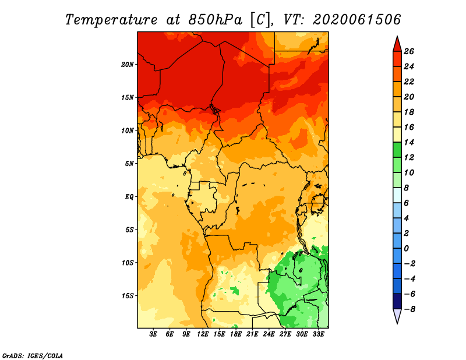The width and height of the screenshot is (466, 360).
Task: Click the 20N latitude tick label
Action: (128, 64)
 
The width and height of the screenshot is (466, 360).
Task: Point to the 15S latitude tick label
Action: (128, 295)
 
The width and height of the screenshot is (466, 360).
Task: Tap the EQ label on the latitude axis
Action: (129, 196)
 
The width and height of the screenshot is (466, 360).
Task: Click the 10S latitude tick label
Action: (128, 263)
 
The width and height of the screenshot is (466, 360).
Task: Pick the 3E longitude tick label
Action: (154, 334)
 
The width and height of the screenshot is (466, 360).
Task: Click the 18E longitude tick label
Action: (236, 334)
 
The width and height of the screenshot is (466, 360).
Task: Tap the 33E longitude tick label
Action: (318, 334)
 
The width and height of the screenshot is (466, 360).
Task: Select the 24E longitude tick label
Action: (269, 334)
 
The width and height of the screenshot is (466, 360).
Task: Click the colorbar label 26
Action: (409, 51)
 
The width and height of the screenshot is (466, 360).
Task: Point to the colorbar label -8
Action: (409, 309)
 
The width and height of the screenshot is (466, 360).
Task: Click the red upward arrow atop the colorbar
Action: (396, 44)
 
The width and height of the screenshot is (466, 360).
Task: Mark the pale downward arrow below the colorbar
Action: (396, 316)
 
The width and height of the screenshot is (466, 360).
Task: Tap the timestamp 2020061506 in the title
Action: (356, 19)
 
